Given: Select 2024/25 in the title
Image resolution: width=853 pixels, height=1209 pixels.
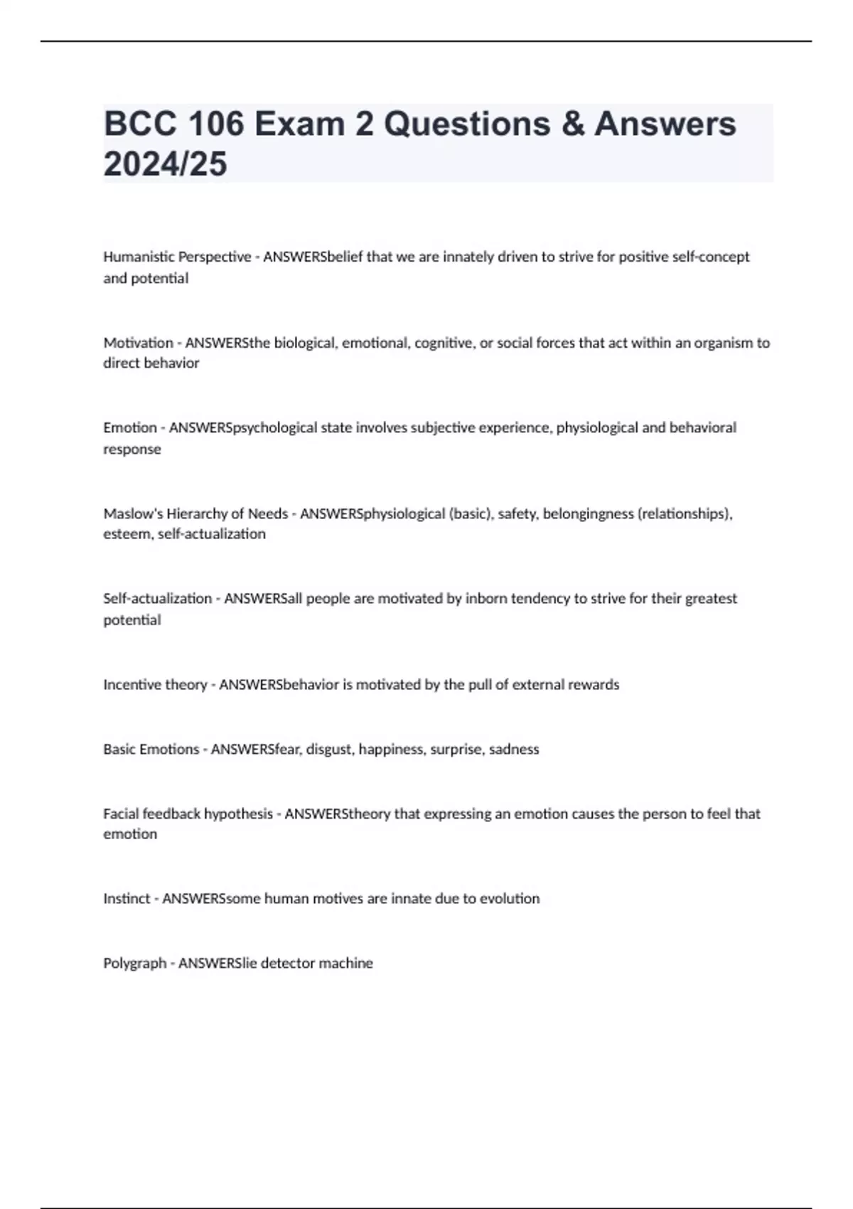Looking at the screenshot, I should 165,164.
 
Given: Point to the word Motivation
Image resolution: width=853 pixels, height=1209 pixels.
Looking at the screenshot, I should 138,343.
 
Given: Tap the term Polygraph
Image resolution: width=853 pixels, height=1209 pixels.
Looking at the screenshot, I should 134,963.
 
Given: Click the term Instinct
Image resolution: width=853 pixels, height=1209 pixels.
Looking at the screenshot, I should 127,898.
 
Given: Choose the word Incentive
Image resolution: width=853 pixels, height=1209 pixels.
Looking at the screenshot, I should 132,684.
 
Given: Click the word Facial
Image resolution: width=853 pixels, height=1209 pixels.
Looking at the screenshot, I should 120,814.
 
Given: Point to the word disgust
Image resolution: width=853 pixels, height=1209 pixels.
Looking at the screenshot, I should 329,749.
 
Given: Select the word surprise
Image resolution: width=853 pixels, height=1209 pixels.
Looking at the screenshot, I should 456,749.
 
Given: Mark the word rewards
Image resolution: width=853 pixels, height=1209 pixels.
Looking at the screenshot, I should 592,684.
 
